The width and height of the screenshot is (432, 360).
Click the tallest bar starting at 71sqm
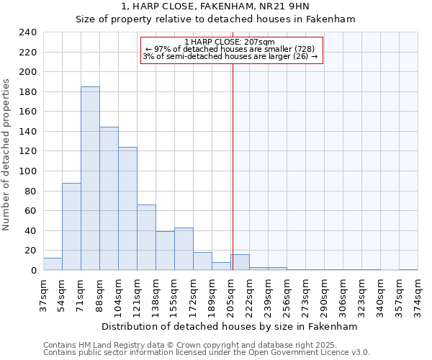pos(90,179)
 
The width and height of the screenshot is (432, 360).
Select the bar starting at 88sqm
pos(109,199)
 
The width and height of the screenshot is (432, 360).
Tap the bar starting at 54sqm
pos(71,227)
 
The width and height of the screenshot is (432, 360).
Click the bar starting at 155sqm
pos(184,249)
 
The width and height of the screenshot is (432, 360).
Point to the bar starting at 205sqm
pos(240,263)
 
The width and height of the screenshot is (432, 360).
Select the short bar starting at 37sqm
pos(53,264)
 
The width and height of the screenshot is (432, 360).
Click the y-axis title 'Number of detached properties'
pos(7,155)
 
